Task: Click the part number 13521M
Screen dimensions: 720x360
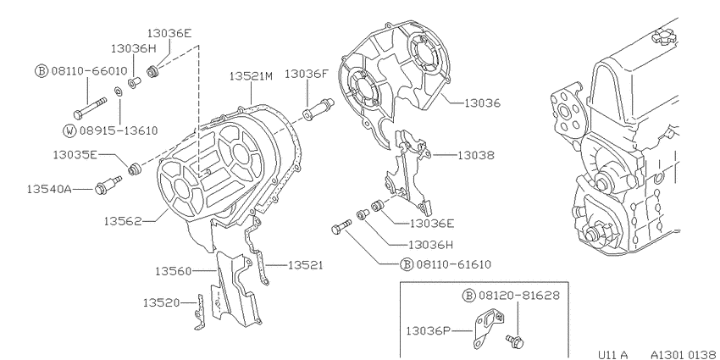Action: (x=251, y=76)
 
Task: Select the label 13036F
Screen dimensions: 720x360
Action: (x=307, y=74)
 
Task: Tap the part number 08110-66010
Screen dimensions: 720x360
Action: (x=89, y=70)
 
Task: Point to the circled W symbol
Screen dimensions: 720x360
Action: (x=69, y=130)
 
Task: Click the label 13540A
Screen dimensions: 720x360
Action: (x=49, y=189)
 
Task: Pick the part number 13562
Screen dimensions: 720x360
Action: (x=122, y=221)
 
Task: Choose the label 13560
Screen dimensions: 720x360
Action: (x=173, y=271)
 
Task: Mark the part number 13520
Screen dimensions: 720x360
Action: (x=161, y=302)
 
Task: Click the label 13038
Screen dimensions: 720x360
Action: (x=476, y=156)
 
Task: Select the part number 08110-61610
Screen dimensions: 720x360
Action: (x=454, y=264)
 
